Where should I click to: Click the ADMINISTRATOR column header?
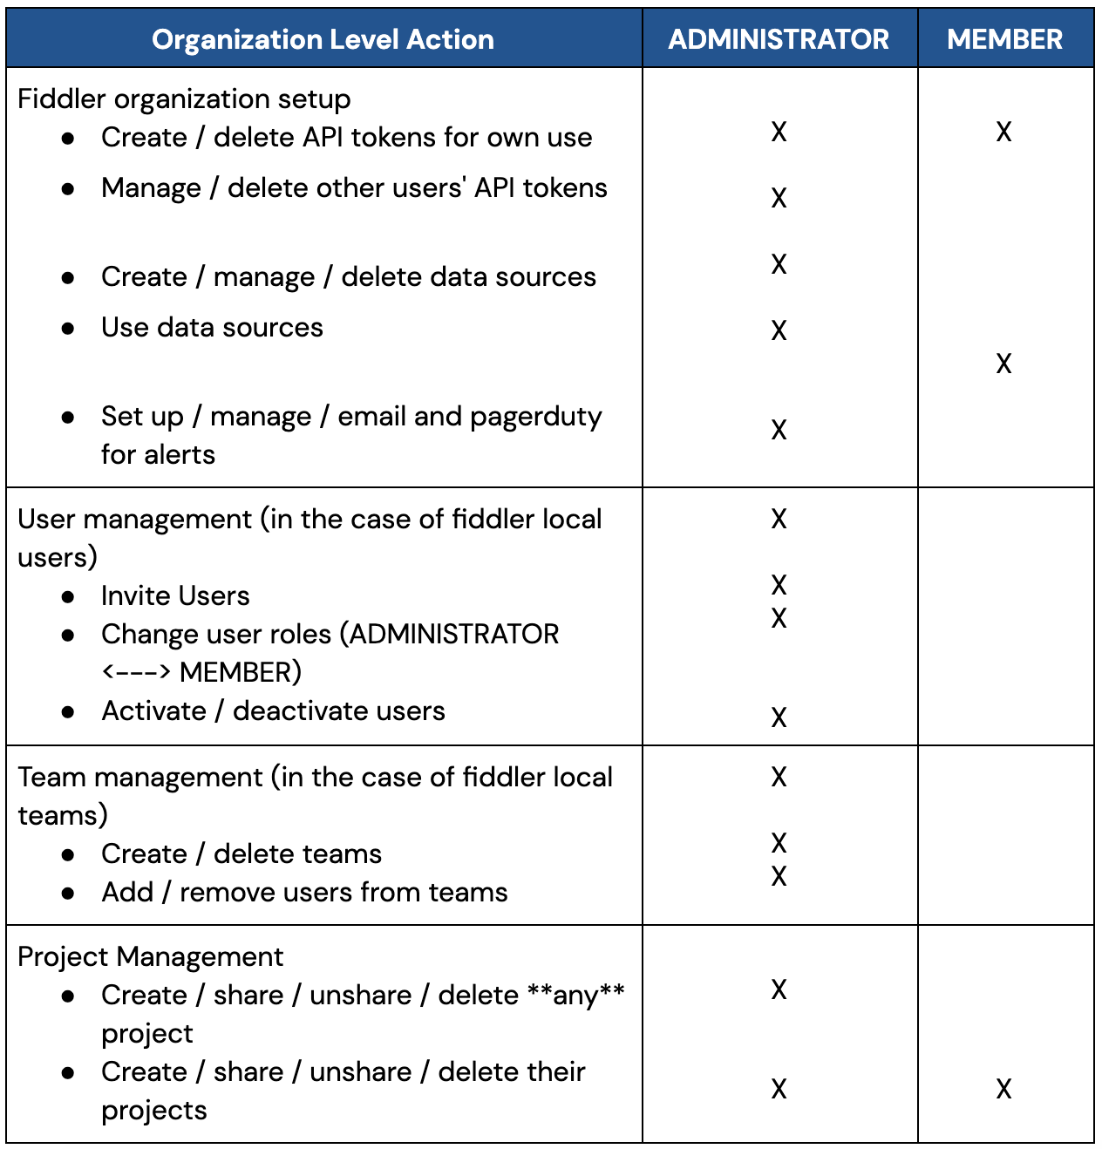pos(779,39)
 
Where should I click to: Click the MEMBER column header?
pos(1004,39)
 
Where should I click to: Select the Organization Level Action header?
pos(323,39)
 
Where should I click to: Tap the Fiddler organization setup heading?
pos(184,99)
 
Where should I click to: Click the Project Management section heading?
pos(150,956)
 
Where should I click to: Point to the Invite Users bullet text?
pos(175,595)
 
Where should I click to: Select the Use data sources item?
pos(212,327)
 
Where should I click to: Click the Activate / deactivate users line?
pos(273,710)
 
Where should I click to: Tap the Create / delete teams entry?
pos(241,853)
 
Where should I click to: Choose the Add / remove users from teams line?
pos(304,892)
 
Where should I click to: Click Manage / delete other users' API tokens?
pos(354,187)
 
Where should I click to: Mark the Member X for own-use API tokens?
pos(1003,132)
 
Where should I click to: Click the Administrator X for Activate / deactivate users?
pos(779,717)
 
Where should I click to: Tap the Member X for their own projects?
pos(1003,1089)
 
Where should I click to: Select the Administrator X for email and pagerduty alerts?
pos(779,430)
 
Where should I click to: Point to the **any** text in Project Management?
pos(576,994)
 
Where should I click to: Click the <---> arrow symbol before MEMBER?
pos(136,672)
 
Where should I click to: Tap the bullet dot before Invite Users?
pos(68,596)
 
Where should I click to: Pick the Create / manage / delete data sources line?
pos(349,276)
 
